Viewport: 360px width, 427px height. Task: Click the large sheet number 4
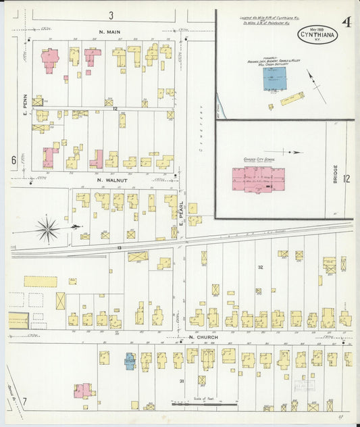tap(346, 22)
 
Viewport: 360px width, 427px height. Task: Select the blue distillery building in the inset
tap(274, 78)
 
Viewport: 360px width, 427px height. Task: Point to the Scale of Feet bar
tap(203, 405)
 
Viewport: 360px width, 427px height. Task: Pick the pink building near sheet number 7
tap(83, 391)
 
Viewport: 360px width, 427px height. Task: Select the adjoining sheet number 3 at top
tap(109, 15)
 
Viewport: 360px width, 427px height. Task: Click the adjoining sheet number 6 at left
tap(13, 160)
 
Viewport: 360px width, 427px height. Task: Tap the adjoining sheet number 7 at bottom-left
tap(24, 403)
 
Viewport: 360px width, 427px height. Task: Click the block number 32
tap(260, 268)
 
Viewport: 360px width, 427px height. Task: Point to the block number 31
tap(182, 382)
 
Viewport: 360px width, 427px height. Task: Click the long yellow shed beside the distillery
tap(292, 99)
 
